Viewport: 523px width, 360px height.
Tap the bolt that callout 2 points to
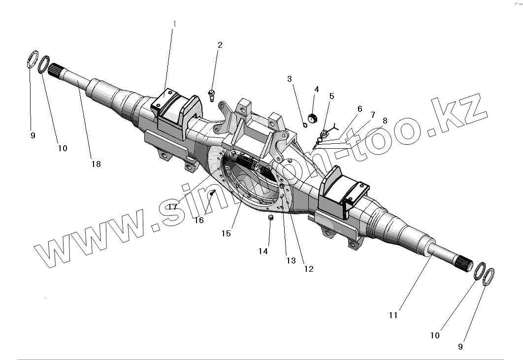coord(212,94)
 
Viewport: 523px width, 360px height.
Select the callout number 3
coord(289,78)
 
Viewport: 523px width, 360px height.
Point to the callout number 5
coord(331,96)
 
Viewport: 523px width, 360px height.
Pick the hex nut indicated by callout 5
coord(325,133)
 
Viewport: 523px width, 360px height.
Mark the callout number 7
coord(372,114)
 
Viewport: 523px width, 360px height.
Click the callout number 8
coord(385,120)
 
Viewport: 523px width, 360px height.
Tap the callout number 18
coord(96,164)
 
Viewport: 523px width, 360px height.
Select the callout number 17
coord(172,207)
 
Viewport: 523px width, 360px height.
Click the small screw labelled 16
coord(212,193)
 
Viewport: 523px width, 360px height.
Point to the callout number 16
coord(198,220)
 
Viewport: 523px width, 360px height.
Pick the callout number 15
coord(226,233)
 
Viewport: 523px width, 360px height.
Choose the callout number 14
coord(263,251)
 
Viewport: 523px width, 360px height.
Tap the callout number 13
coord(291,261)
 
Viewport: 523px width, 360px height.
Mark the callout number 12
coord(309,269)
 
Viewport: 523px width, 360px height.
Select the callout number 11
coord(392,315)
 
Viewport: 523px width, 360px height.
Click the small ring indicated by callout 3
coord(305,125)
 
